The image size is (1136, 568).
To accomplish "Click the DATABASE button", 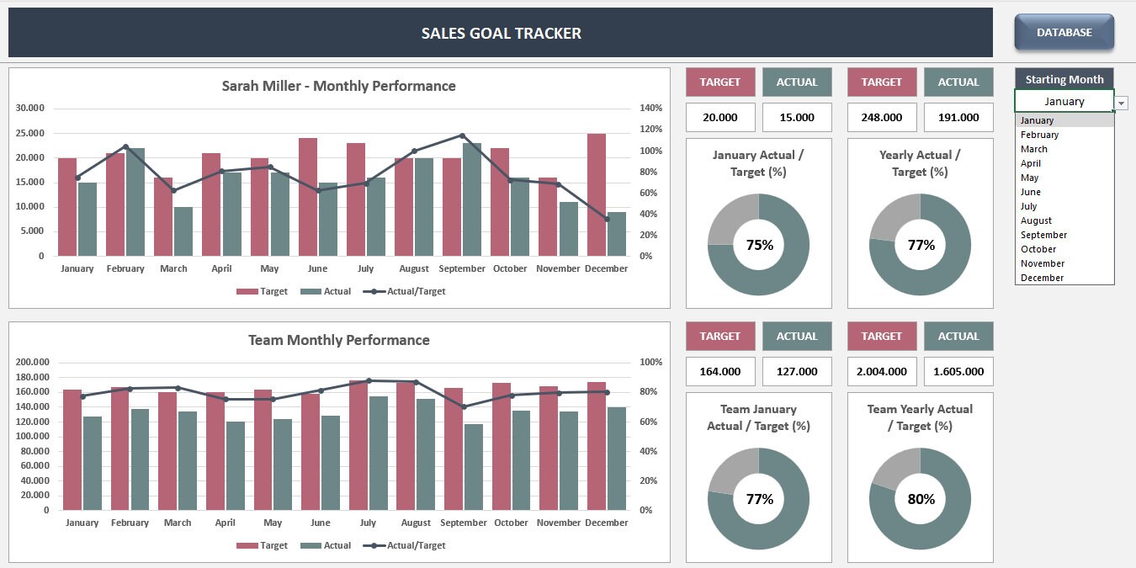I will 1064,33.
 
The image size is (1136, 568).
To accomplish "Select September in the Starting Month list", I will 1043,235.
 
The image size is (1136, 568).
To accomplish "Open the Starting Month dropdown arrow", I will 1122,103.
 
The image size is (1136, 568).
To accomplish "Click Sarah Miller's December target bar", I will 597,194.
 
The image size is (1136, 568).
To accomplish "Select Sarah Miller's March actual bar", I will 183,231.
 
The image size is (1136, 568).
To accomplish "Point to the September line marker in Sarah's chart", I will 462,135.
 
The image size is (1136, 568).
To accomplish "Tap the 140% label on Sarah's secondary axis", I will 651,108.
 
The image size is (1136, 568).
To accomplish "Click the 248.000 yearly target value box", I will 881,118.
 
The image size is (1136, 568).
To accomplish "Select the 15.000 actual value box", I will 797,118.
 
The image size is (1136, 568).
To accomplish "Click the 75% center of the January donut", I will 759,245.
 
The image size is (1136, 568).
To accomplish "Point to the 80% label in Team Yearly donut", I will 921,499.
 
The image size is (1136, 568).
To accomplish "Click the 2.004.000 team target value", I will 881,372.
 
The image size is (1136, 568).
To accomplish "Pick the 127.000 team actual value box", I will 797,372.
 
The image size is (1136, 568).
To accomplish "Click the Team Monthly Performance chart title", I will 338,340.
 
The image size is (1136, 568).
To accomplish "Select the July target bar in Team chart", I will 358,445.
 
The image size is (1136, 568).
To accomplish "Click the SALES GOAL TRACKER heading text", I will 501,34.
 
